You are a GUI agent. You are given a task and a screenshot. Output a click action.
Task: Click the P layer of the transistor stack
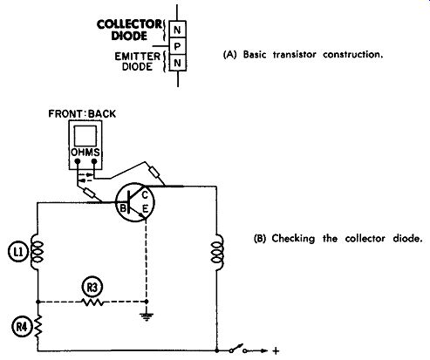click(177, 46)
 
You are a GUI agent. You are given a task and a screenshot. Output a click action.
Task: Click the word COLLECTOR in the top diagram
click(130, 24)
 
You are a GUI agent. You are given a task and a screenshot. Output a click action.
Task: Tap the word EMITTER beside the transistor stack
click(138, 57)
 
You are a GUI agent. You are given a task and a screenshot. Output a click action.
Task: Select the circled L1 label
click(17, 252)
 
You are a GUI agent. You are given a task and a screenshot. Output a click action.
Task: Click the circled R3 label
click(92, 288)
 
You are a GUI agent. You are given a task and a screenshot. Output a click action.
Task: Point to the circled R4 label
click(21, 327)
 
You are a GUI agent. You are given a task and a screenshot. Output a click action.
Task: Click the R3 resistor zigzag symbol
click(92, 302)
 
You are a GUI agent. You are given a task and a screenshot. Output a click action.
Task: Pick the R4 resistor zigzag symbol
click(38, 327)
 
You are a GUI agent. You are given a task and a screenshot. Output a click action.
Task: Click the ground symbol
click(147, 316)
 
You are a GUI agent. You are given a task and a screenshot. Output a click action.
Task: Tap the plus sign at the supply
click(276, 351)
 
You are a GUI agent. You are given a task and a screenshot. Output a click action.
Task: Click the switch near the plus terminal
click(238, 349)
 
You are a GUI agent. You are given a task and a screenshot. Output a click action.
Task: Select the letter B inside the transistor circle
click(123, 208)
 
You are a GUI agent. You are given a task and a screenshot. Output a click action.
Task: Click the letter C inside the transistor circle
click(145, 195)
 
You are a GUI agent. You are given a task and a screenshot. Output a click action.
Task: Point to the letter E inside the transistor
click(145, 208)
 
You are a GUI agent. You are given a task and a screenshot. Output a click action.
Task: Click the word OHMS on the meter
click(85, 153)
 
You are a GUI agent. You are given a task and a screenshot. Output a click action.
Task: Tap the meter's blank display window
click(85, 136)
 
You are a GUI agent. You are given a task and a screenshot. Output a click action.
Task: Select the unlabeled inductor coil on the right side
click(217, 252)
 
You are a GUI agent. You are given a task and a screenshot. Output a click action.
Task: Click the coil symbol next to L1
click(37, 252)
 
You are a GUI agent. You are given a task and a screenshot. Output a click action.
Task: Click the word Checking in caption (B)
click(293, 239)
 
